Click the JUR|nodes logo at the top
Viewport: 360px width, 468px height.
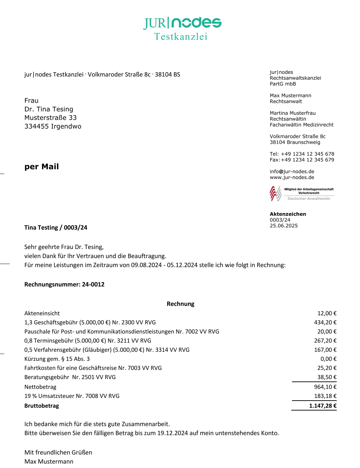coord(182,23)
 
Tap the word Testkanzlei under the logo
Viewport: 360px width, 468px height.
coord(181,37)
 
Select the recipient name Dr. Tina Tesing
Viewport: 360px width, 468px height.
coord(49,109)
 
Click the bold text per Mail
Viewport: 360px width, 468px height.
coord(42,167)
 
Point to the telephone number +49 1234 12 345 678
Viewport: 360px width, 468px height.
coord(307,154)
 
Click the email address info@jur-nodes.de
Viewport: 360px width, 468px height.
coord(292,171)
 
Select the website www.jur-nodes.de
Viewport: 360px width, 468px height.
coord(292,177)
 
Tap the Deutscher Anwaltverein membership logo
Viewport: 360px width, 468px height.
coord(302,194)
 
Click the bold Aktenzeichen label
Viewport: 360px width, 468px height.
coord(288,214)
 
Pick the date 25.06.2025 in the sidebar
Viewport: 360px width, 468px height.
coord(284,225)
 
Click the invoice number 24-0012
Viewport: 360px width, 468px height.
coord(93,284)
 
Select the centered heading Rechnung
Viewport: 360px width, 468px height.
coord(181,304)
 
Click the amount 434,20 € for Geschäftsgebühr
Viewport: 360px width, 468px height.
coord(325,322)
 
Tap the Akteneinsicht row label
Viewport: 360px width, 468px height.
coord(42,313)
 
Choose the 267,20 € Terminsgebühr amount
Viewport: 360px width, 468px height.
coord(325,341)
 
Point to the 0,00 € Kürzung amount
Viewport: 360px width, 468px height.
coord(328,359)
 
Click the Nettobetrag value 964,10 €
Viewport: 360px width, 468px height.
coord(325,387)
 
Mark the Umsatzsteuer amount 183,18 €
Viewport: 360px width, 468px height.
coord(325,396)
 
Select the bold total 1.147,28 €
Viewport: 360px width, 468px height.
coord(323,406)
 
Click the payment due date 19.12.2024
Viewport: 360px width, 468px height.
coord(173,433)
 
